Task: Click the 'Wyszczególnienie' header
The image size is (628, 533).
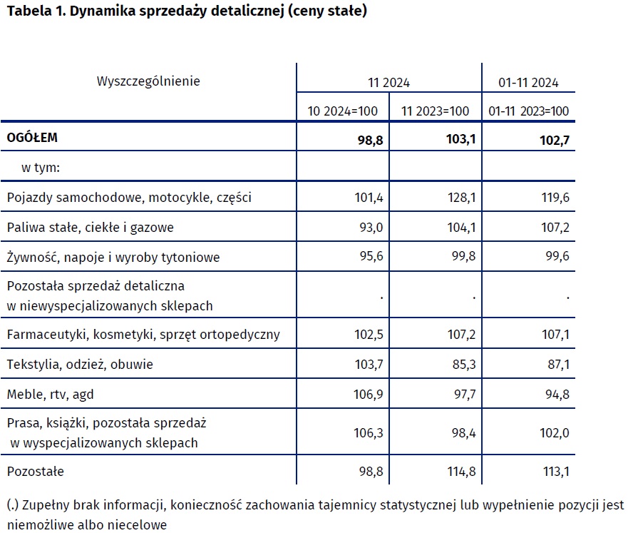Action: [148, 81]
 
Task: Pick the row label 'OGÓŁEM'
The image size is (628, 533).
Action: [32, 138]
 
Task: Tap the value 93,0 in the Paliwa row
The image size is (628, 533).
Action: [371, 228]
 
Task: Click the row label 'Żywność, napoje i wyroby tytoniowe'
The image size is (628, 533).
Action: [113, 257]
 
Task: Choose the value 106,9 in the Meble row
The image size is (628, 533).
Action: [369, 395]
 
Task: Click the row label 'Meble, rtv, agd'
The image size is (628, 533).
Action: [46, 394]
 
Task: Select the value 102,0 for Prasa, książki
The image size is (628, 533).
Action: [555, 433]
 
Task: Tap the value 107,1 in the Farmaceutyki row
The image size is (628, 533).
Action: [555, 335]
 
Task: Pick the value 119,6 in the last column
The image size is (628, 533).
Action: [555, 198]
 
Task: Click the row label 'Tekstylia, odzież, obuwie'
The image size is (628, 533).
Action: [79, 365]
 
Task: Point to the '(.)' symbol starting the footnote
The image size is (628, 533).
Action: [12, 505]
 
